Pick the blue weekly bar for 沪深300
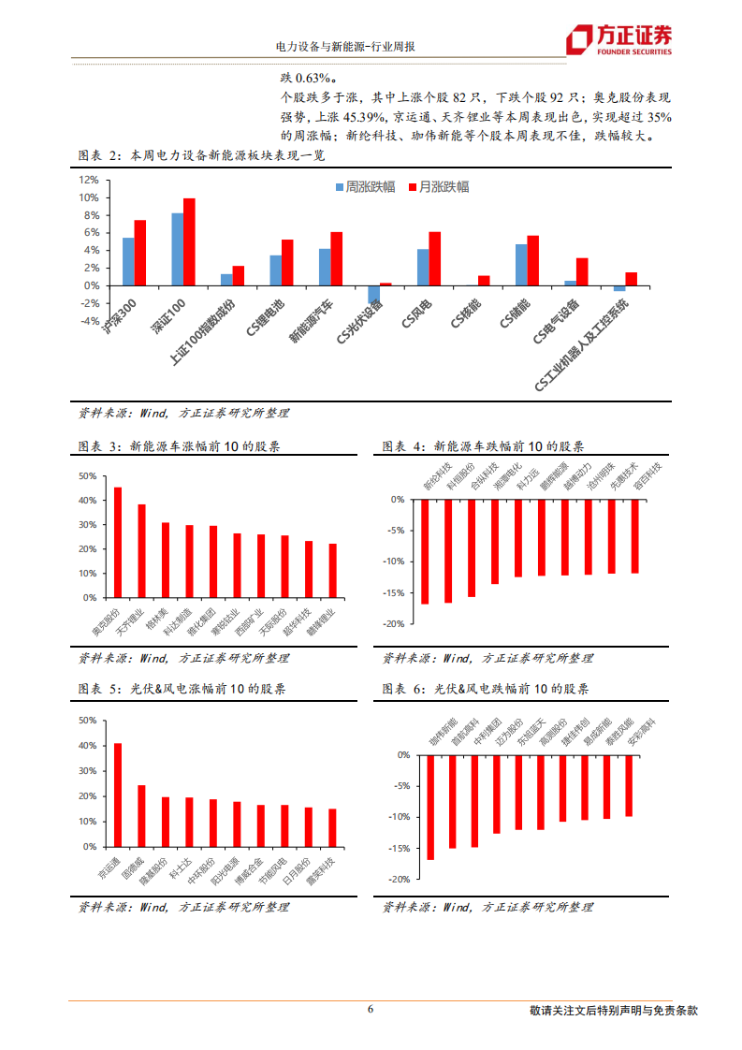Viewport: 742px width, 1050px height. pos(128,261)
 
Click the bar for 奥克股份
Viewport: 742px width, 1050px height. pos(118,542)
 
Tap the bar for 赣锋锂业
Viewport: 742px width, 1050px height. pos(332,570)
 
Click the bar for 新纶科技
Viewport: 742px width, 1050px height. pos(425,551)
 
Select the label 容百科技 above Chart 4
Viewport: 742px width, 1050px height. pos(647,475)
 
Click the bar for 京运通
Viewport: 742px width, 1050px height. pos(118,792)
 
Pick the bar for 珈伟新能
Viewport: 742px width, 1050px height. pos(430,807)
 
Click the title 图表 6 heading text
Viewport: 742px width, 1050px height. pos(486,690)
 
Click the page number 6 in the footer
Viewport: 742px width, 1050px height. pos(371,1009)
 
